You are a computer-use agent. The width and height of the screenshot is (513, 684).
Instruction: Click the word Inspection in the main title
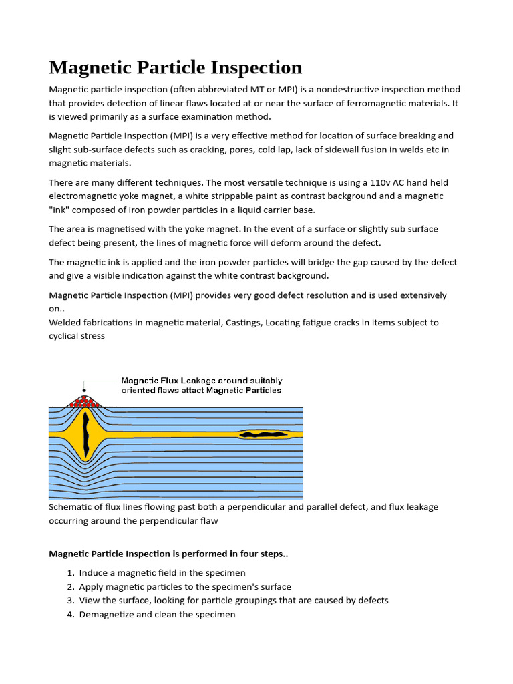[x=256, y=67]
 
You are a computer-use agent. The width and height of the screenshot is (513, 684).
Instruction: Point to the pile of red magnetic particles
[x=83, y=401]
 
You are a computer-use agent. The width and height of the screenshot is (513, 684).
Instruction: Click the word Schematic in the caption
[x=72, y=507]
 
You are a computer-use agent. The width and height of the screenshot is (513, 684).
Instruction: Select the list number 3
[x=70, y=601]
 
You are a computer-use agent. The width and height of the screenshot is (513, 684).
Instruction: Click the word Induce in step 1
[x=94, y=573]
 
